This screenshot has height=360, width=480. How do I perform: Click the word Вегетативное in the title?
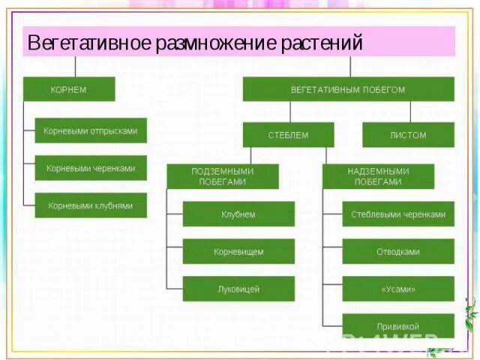[88, 43]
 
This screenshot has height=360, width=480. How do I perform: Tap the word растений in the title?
[322, 43]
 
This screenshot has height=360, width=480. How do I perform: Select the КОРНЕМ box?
[69, 89]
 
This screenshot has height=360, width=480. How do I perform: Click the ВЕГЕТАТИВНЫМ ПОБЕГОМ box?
[348, 89]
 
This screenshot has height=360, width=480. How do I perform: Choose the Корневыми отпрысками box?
[91, 130]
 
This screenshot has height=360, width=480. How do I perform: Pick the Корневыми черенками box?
[91, 168]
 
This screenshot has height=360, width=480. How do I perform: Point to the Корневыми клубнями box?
[91, 205]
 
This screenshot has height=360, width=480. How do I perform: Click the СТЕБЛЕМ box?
[288, 135]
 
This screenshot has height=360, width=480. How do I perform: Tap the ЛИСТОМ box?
[408, 135]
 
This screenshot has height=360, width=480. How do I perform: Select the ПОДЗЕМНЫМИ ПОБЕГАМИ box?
[223, 176]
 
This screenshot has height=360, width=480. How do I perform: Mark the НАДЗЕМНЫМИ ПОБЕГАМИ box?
[379, 176]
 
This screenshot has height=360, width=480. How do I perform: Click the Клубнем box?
[238, 214]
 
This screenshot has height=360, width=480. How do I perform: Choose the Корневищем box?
[238, 251]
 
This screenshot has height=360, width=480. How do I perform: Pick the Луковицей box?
[238, 289]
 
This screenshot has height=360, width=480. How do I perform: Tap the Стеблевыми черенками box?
[398, 214]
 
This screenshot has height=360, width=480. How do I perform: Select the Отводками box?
[398, 251]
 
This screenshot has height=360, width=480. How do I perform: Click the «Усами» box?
[398, 289]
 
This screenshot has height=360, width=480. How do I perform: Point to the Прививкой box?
[398, 326]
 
